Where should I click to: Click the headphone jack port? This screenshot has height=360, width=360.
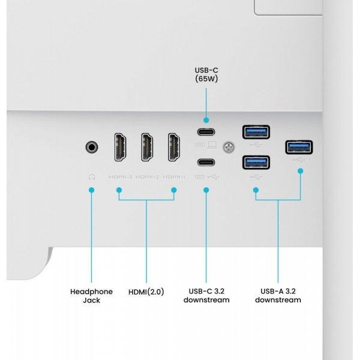92,147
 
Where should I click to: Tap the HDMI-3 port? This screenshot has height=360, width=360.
121,147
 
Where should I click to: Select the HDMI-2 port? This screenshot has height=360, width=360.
147,147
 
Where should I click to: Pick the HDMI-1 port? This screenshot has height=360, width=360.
174,147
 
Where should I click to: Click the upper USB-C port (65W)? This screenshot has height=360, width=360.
206,132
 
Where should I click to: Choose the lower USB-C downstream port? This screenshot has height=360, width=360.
206,163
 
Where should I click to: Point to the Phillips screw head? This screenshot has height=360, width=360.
229,147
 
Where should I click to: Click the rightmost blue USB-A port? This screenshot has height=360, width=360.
299,147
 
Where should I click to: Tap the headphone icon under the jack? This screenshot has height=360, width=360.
92,177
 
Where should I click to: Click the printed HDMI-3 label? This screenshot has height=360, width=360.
121,177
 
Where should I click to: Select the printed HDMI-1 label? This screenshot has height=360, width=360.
174,177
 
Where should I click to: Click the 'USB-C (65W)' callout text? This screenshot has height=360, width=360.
206,74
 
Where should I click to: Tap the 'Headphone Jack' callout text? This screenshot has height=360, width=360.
92,296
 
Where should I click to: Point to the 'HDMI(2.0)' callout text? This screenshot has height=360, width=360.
146,292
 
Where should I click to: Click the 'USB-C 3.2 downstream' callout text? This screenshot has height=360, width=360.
206,295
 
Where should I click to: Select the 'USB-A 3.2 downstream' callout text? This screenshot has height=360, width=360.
278,295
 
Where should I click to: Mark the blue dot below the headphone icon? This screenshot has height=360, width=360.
92,190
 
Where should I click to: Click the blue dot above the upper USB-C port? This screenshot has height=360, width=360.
206,120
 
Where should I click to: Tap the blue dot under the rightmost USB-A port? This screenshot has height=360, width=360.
301,171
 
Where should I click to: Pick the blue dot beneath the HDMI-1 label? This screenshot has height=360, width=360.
174,190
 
